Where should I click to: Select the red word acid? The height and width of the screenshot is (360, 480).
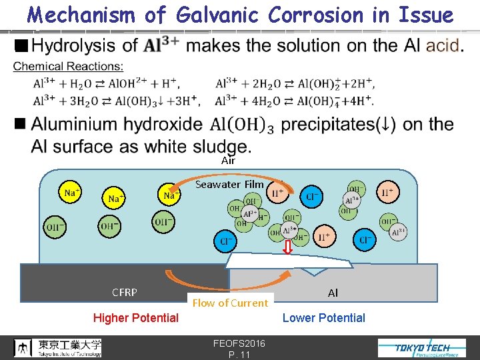(442, 45)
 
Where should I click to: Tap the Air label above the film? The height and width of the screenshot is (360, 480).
(228, 160)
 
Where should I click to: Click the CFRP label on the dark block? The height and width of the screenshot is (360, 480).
(125, 292)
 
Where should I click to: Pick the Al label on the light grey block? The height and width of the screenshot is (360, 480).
(333, 293)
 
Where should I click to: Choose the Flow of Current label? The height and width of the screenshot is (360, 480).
(230, 303)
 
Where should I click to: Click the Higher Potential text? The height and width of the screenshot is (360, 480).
(136, 318)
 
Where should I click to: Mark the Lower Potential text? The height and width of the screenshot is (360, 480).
(323, 318)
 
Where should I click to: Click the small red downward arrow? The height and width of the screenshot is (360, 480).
(288, 247)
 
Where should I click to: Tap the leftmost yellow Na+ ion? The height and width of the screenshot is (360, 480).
(69, 193)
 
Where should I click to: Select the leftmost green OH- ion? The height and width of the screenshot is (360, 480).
(54, 227)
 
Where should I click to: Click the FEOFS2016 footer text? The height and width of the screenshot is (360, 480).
(239, 343)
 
